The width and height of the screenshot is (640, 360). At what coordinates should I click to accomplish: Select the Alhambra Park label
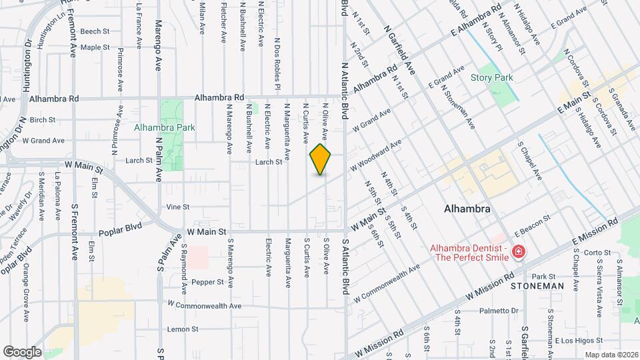point(164,127)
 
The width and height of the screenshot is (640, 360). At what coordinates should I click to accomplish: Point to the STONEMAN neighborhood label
point(537,286)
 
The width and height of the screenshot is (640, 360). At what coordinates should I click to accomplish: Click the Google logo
point(22,351)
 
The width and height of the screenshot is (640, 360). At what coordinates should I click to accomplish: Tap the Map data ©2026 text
point(610,355)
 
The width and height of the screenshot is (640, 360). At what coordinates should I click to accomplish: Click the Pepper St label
point(207,282)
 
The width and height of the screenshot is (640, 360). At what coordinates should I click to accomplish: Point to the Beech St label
point(95,31)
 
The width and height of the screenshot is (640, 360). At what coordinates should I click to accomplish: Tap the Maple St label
point(95,47)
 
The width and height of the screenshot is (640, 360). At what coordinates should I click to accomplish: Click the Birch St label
point(42,120)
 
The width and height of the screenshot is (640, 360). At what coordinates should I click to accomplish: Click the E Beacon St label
point(531,222)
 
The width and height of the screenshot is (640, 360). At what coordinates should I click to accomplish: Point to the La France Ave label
point(139,25)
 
